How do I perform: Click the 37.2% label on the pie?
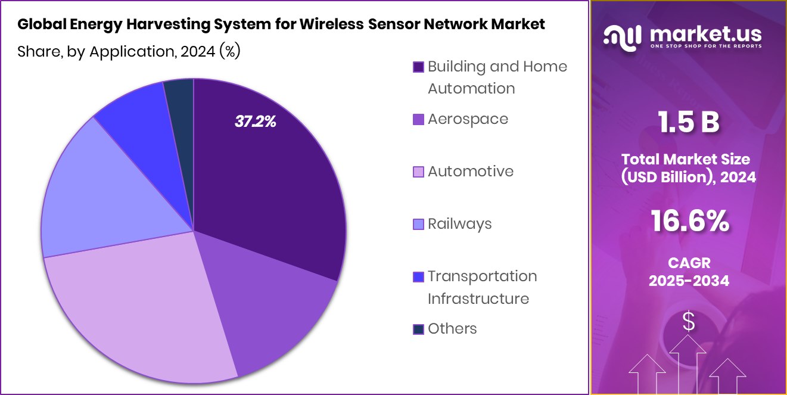tap(256, 122)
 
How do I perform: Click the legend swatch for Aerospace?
tap(418, 119)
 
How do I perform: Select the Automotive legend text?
tap(470, 172)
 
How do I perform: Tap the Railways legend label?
tap(459, 224)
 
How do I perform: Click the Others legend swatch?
tap(418, 329)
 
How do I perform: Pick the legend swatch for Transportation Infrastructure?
tap(418, 277)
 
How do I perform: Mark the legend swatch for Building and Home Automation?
tap(418, 67)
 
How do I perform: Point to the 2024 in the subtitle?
tap(197, 52)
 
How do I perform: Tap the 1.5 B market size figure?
tap(689, 122)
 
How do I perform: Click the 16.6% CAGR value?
tap(689, 222)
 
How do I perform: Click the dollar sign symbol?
tap(689, 322)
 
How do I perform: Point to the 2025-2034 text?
tap(689, 281)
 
